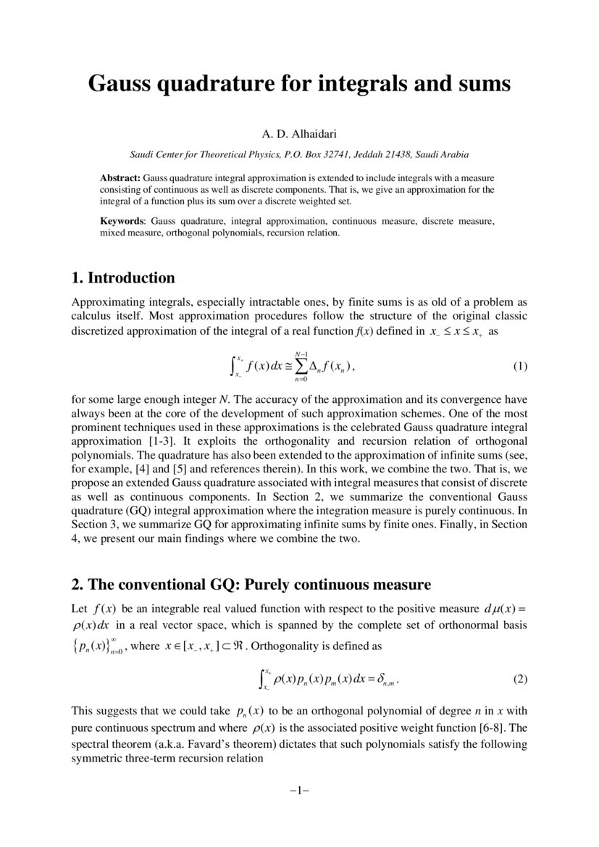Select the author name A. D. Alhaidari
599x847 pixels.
(298, 135)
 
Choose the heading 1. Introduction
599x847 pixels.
(124, 278)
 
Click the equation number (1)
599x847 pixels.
(520, 367)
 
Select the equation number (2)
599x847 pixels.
(520, 680)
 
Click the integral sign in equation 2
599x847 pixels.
(262, 679)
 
